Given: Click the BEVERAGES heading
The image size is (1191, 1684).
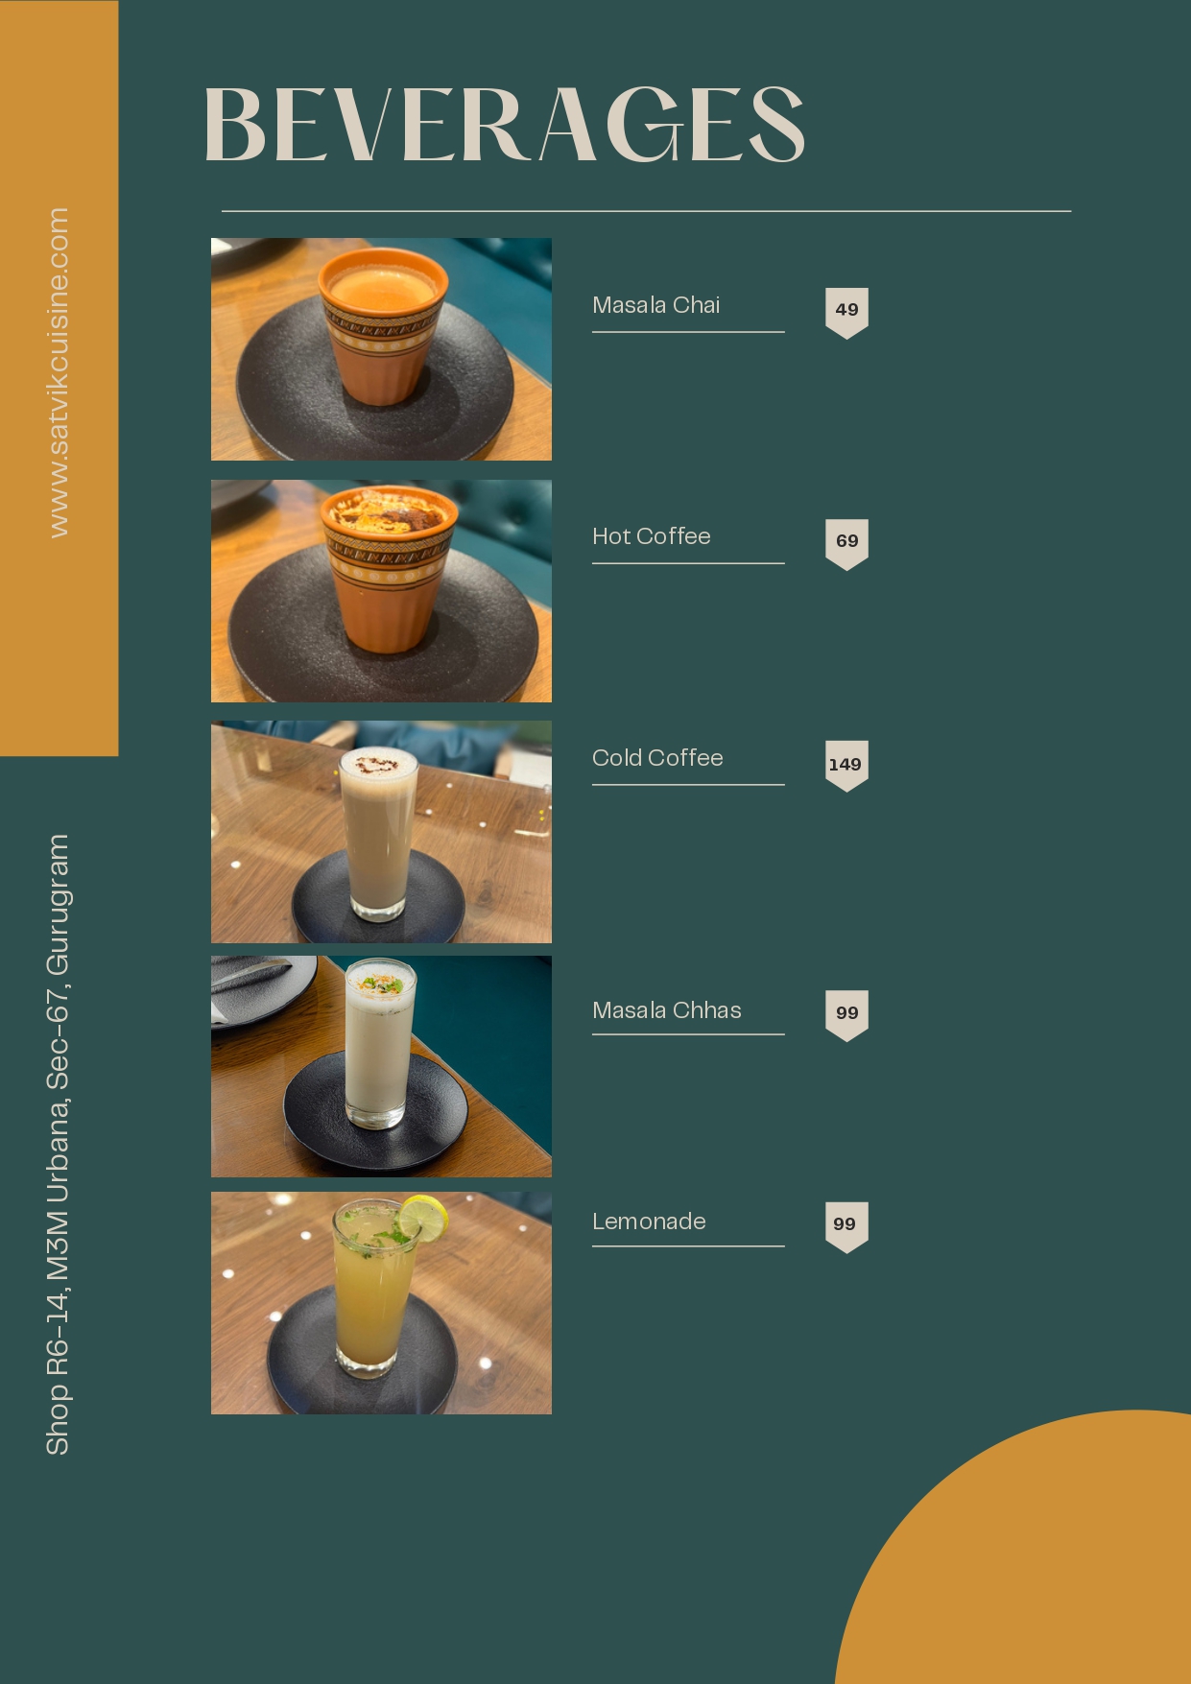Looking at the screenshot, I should click(504, 125).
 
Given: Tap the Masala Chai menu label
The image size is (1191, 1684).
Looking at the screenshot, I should click(655, 305).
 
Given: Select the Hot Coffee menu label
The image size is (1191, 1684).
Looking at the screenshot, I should click(651, 536).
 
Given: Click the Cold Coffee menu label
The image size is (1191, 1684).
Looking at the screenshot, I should click(657, 758).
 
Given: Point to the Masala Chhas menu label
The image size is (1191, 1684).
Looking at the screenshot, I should click(666, 1010).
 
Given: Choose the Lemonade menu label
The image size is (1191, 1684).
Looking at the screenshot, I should click(649, 1221).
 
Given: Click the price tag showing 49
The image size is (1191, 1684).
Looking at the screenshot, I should click(846, 310).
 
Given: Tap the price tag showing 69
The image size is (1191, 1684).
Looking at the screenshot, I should click(846, 541).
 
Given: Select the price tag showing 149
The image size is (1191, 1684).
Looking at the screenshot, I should click(846, 765).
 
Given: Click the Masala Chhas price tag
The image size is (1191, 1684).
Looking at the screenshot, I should click(846, 1013).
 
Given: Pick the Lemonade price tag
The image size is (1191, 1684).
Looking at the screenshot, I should click(846, 1224).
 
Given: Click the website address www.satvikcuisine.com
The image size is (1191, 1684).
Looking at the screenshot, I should click(59, 372).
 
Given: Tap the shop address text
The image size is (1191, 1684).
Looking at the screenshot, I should click(58, 1144).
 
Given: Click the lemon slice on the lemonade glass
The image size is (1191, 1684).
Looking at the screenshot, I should click(423, 1218).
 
